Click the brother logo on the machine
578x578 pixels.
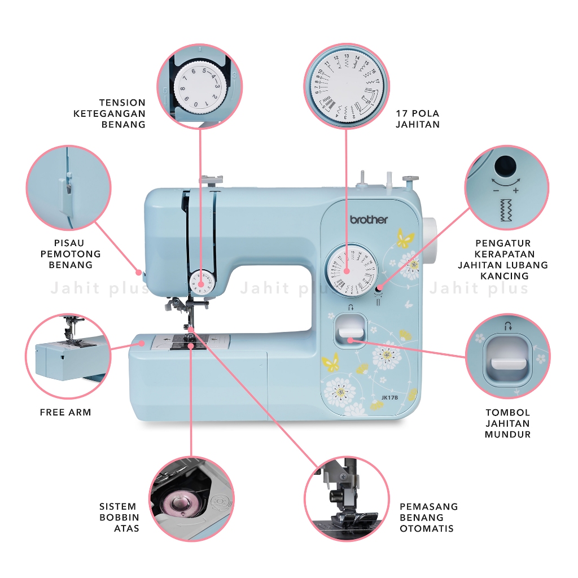[x=369, y=219]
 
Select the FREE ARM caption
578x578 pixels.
[x=65, y=413]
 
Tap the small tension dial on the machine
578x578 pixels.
[x=202, y=282]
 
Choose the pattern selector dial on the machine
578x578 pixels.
[x=351, y=269]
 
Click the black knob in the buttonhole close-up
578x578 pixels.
[x=505, y=165]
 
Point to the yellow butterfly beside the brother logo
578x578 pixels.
[x=405, y=239]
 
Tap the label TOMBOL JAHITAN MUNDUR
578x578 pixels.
[x=507, y=423]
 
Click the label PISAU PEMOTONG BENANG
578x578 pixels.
[x=71, y=254]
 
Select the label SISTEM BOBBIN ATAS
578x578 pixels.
[x=119, y=517]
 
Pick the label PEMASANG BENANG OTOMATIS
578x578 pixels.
[x=428, y=517]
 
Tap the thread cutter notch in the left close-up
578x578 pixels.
[x=66, y=187]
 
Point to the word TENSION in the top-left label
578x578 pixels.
[x=122, y=103]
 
